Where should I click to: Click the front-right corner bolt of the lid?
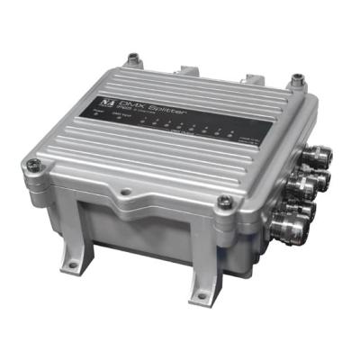click(x=225, y=201)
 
